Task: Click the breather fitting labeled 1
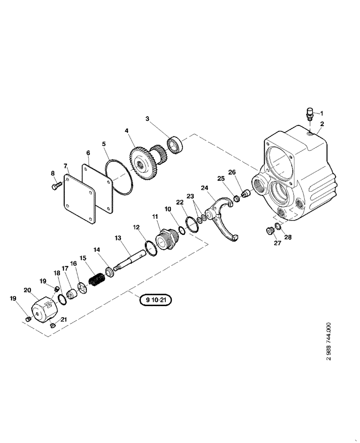[310, 115]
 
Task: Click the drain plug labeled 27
[268, 230]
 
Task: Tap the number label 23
[190, 196]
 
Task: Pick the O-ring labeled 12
[151, 249]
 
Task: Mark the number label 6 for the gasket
[88, 152]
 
